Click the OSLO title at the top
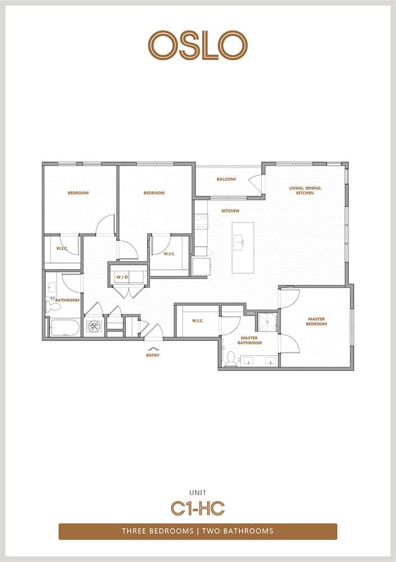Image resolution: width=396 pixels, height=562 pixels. point(198,45)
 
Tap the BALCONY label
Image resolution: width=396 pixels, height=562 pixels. point(226,179)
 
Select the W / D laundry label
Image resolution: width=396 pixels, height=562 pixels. point(122,278)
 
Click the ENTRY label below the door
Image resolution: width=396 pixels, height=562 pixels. point(153,355)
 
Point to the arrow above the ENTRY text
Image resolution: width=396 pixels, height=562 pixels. point(153,348)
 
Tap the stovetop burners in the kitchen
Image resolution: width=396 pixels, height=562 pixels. point(201,221)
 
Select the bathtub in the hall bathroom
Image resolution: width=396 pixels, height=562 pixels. point(65,328)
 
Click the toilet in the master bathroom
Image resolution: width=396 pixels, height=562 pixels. point(231,359)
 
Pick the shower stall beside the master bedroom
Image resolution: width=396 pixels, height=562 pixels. point(267,322)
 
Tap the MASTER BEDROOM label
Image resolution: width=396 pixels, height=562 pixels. point(316,321)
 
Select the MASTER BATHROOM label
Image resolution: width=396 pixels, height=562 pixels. point(249,341)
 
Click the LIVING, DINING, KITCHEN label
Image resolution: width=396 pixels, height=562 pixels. point(306,191)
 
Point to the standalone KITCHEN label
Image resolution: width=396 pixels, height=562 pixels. point(230,211)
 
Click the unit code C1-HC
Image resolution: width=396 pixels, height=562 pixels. point(198,508)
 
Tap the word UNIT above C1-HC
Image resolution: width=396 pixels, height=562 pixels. point(198,493)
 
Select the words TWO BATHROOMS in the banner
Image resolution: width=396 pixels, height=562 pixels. point(238,531)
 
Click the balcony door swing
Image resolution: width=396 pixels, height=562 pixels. point(257,183)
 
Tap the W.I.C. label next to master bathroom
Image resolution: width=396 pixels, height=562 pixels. point(198,321)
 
